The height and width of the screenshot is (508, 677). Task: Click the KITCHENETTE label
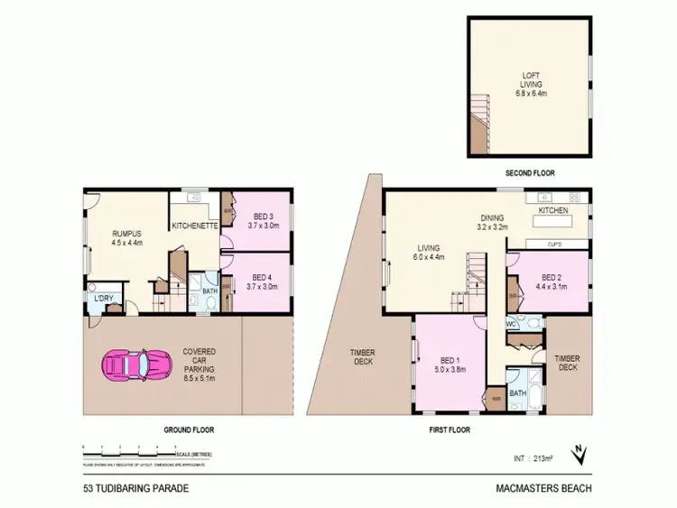coord(194,226)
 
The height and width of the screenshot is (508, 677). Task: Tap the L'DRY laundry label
coord(100,298)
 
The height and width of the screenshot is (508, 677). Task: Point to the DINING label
coord(492,217)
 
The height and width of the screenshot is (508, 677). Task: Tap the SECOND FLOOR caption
coord(530,171)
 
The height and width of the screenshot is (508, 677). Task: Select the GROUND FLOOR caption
coord(189,430)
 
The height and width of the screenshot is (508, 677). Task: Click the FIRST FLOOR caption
coord(449,430)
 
